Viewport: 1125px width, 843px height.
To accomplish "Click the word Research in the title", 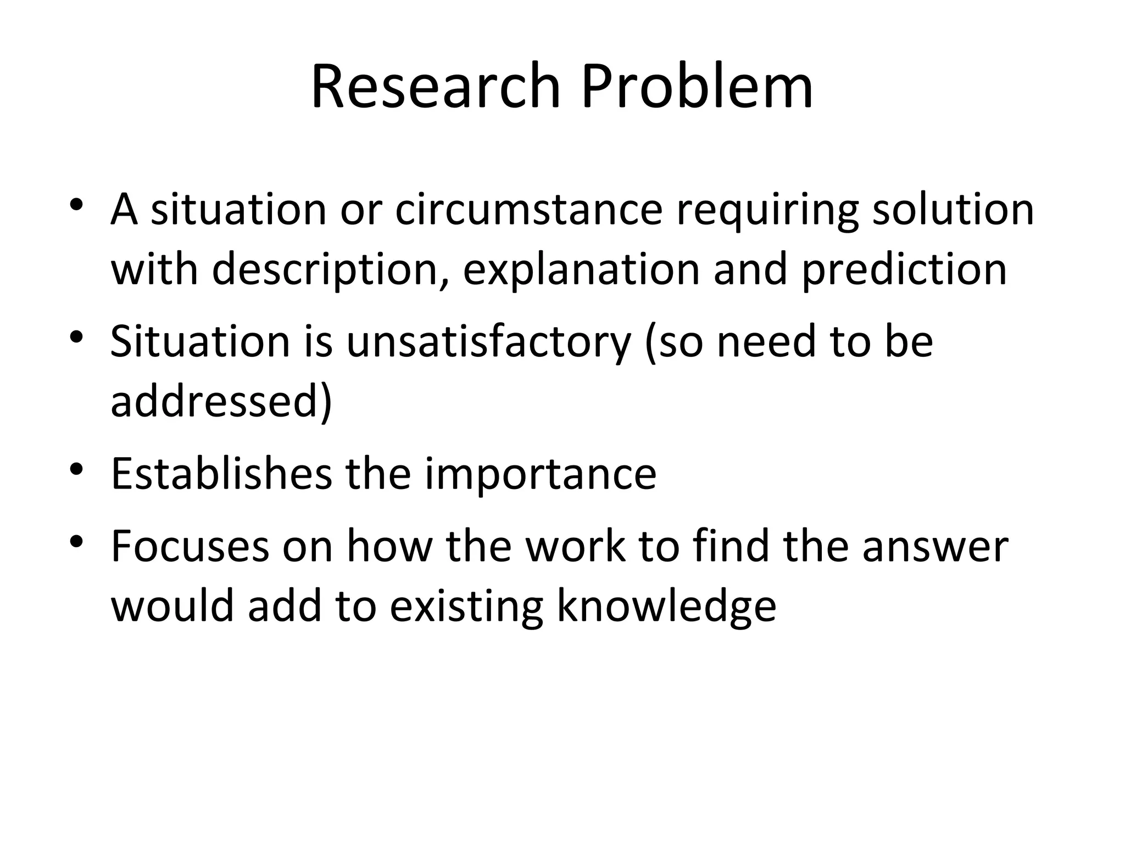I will (x=436, y=87).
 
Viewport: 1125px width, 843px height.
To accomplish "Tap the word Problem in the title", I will (x=697, y=87).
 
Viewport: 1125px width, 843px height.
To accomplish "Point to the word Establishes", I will (x=221, y=473).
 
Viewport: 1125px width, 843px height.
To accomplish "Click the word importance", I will (x=541, y=473).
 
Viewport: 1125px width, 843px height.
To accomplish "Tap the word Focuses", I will (x=190, y=547).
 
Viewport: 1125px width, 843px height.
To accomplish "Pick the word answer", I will (x=935, y=547).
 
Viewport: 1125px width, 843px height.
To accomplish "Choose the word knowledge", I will (x=666, y=607).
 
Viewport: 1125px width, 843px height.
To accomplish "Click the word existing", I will (x=466, y=607).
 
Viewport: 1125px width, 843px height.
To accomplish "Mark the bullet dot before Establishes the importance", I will (x=76, y=470).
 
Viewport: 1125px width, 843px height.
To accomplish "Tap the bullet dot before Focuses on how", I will (x=76, y=542).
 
